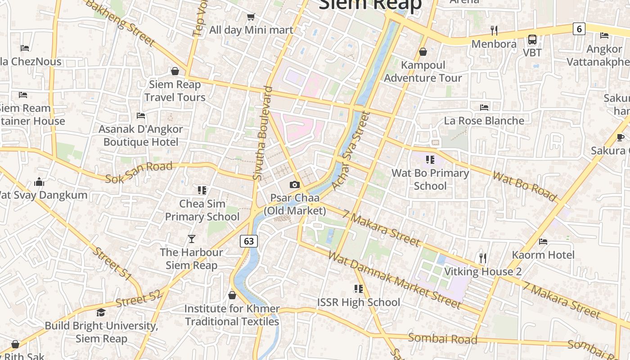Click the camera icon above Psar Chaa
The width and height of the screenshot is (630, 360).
(x=295, y=184)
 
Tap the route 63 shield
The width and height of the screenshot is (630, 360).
(x=248, y=241)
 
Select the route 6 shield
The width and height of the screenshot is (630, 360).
(x=579, y=29)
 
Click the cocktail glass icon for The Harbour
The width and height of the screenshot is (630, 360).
(x=192, y=238)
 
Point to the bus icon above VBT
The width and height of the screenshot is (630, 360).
(x=532, y=40)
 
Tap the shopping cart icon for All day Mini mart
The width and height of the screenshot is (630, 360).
(x=251, y=17)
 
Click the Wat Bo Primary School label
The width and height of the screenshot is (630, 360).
(x=430, y=180)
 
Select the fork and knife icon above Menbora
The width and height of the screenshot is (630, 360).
(x=494, y=31)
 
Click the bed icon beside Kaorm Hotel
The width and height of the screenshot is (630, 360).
(x=543, y=242)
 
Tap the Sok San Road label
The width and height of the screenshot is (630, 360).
(x=139, y=172)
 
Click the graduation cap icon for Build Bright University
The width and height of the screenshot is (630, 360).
(x=101, y=312)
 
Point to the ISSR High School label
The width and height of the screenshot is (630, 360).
(x=359, y=302)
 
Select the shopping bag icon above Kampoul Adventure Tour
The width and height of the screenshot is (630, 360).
(x=423, y=52)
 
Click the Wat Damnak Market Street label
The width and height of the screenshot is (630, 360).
(x=394, y=280)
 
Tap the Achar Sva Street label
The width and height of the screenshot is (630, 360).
(x=350, y=151)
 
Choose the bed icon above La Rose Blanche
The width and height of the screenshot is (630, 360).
(x=484, y=108)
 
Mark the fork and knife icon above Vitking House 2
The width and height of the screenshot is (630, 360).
(x=483, y=258)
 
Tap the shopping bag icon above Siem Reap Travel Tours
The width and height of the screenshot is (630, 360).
(x=175, y=72)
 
